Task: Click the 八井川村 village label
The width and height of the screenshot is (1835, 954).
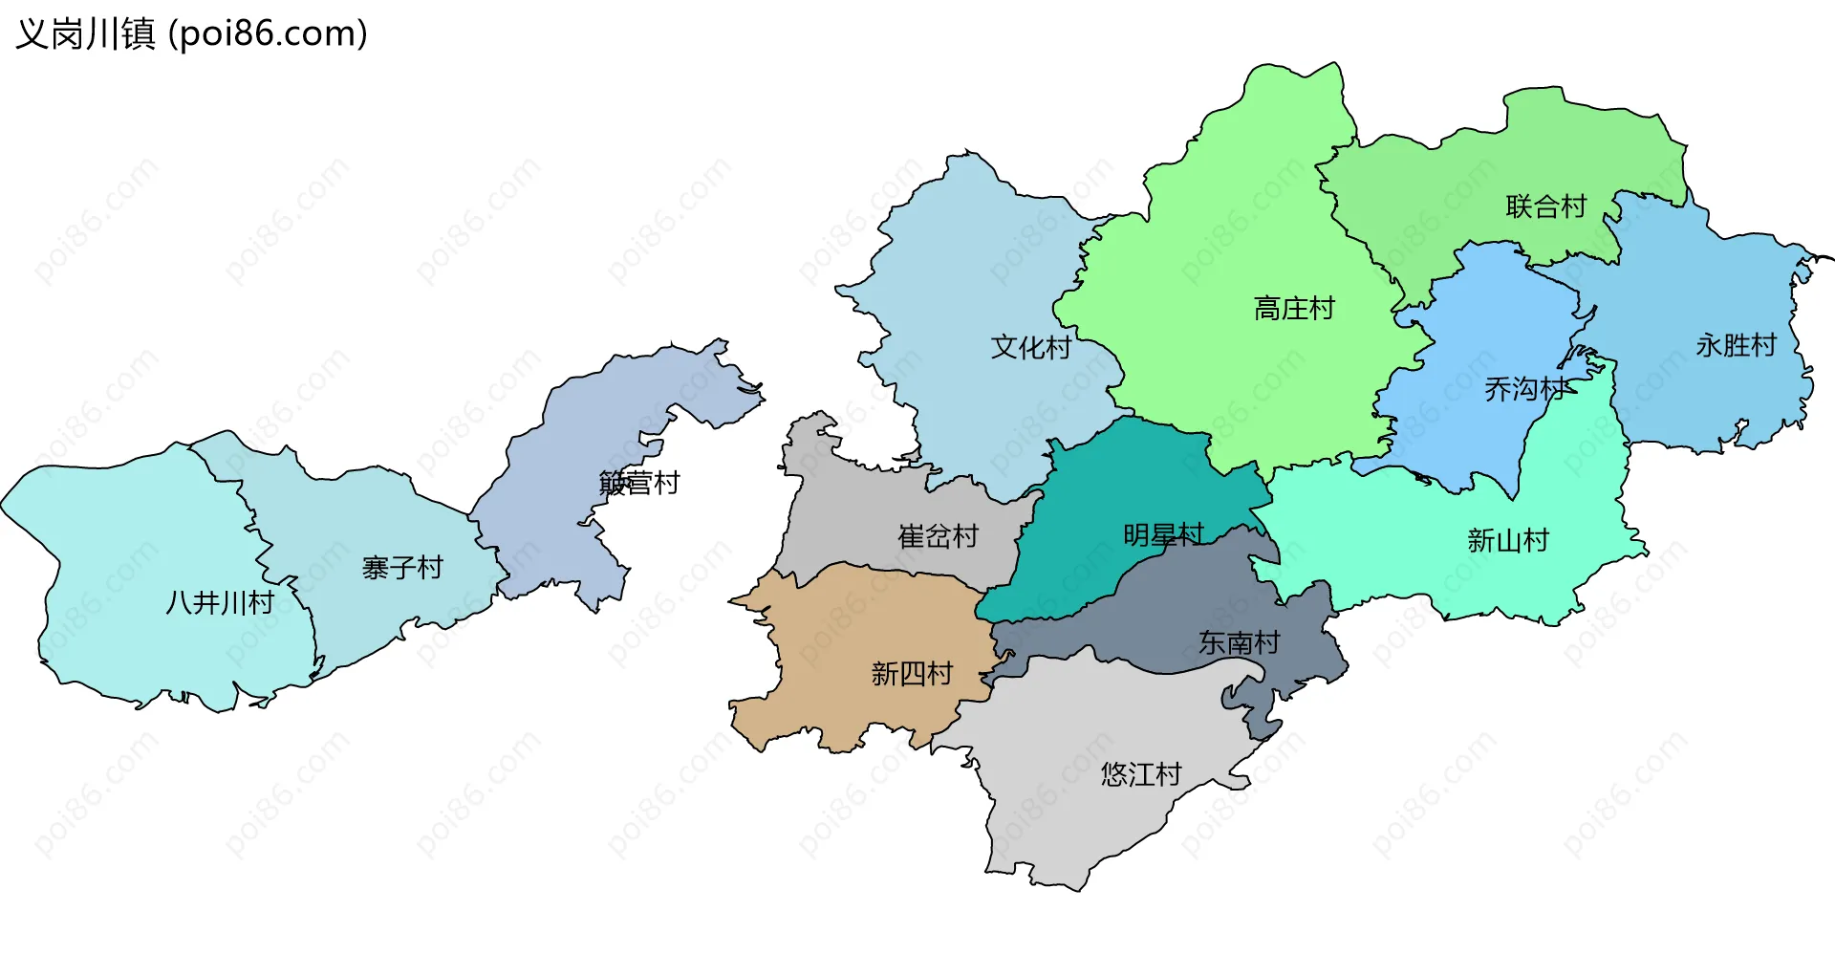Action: point(220,603)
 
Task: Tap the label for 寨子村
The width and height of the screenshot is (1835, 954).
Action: point(402,569)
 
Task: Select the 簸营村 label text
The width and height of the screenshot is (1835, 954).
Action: point(639,484)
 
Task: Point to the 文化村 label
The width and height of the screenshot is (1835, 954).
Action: point(1030,347)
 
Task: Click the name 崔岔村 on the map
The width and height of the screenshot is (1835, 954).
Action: point(939,536)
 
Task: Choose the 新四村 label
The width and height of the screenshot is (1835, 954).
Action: point(912,674)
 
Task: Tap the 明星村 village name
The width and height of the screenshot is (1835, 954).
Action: point(1163,535)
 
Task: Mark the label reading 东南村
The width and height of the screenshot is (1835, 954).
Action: point(1239,642)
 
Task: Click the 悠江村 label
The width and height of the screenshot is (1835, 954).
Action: point(1141,774)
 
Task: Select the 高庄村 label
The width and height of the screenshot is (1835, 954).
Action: point(1294,309)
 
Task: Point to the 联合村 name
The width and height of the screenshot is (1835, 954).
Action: point(1545,206)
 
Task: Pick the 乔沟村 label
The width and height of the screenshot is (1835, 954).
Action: point(1525,389)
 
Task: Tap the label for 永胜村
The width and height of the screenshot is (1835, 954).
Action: point(1736,345)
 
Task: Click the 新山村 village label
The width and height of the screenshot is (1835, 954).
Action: point(1507,541)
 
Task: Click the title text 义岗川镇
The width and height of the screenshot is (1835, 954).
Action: point(86,34)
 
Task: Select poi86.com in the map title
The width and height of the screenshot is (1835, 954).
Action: point(268,34)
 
